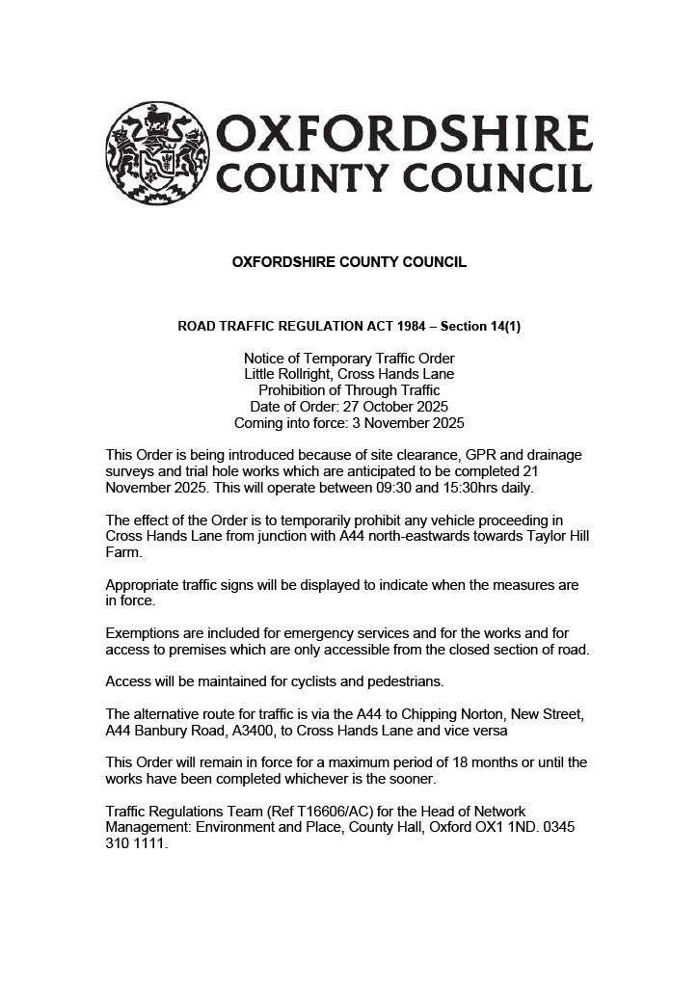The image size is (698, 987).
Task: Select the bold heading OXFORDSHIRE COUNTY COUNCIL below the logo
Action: pyautogui.click(x=349, y=262)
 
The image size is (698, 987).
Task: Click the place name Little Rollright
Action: pyautogui.click(x=284, y=374)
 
